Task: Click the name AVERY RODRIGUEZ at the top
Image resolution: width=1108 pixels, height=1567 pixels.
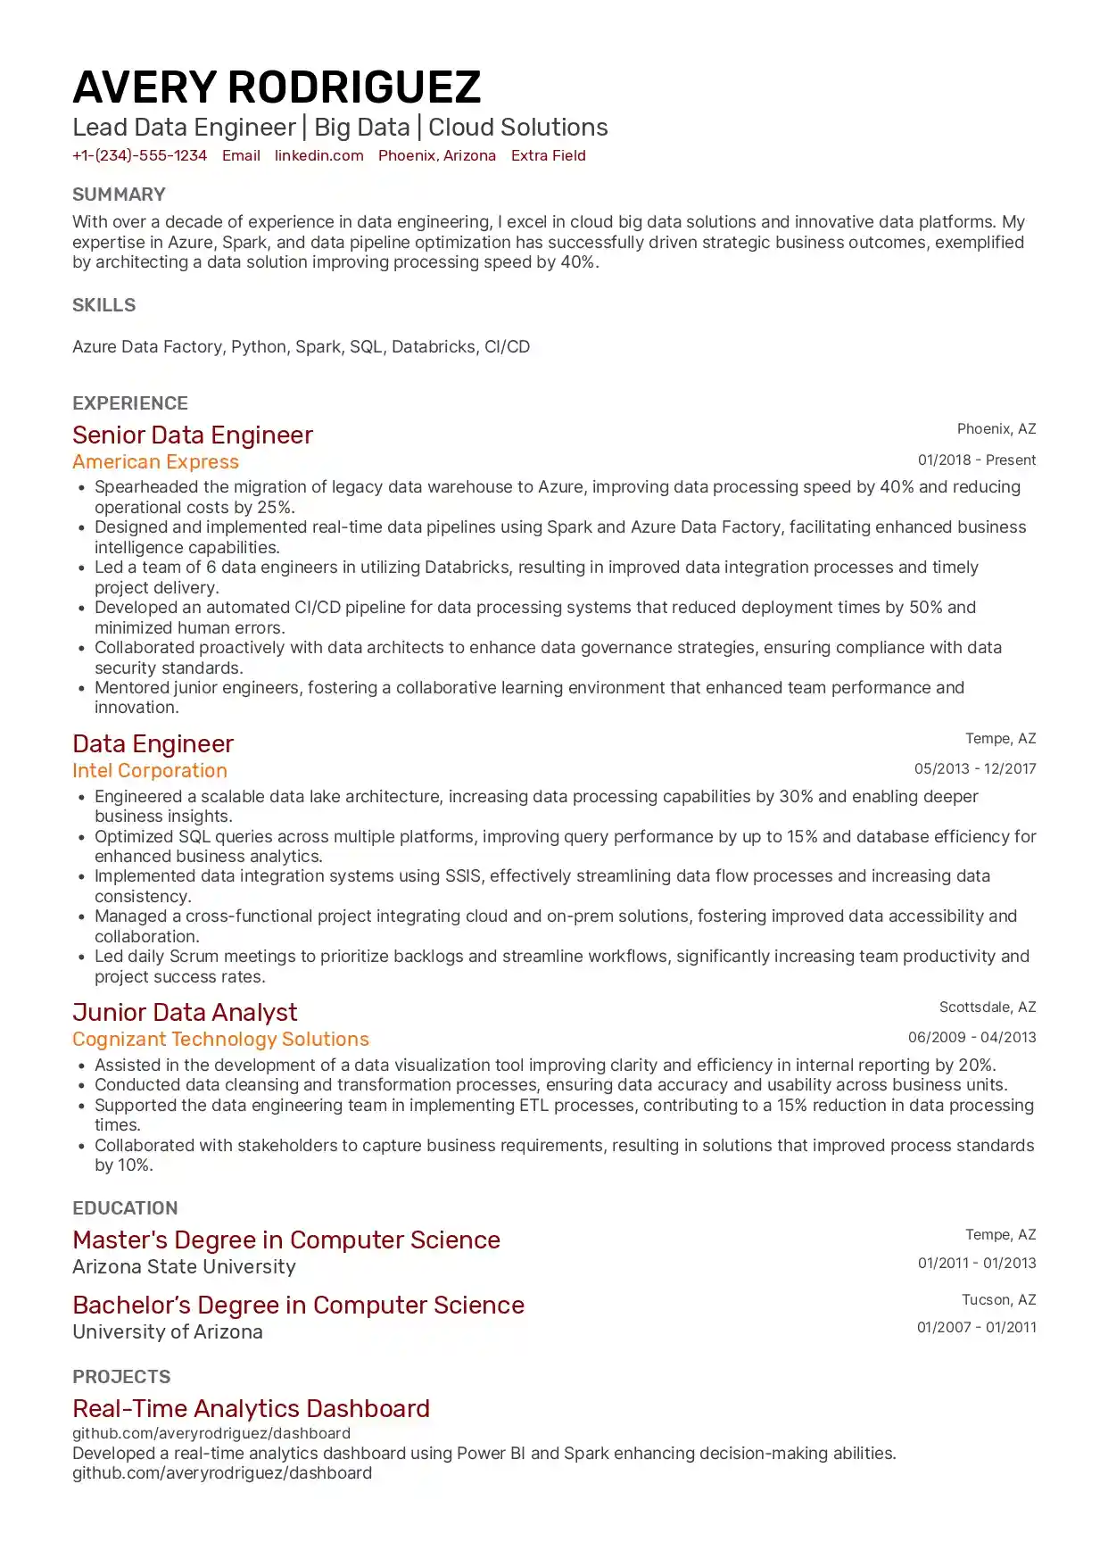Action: coord(277,87)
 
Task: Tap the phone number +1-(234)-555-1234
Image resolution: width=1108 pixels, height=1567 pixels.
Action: coord(139,155)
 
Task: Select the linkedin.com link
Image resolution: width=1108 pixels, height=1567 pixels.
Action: coord(318,155)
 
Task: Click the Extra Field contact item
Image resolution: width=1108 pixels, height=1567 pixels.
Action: coord(548,155)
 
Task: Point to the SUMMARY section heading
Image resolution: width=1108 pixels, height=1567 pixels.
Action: coord(119,195)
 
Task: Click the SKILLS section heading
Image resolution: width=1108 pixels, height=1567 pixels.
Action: coord(103,305)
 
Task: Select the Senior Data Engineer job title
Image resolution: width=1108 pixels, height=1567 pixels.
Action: coord(193,435)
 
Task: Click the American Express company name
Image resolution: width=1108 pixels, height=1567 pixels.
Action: coord(155,461)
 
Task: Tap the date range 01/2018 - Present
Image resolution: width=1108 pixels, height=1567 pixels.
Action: coord(976,460)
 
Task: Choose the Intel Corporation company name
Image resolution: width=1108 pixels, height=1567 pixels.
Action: coord(150,770)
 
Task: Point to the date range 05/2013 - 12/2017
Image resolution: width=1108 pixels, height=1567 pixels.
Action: coord(974,768)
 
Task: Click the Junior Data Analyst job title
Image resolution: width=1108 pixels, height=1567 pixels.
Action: coord(185,1012)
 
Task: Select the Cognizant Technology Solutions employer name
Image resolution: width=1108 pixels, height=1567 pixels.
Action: coord(220,1039)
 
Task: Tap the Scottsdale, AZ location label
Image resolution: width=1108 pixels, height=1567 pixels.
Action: coord(987,1007)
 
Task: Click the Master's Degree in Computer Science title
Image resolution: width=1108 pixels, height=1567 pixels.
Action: coord(286,1240)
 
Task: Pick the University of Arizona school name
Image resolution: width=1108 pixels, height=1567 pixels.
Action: coord(168,1331)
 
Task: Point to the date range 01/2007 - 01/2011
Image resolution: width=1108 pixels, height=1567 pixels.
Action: coord(976,1327)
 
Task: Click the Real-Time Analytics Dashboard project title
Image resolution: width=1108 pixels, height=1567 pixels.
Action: coord(251,1408)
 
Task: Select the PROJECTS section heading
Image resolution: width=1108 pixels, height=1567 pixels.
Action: coord(121,1377)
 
